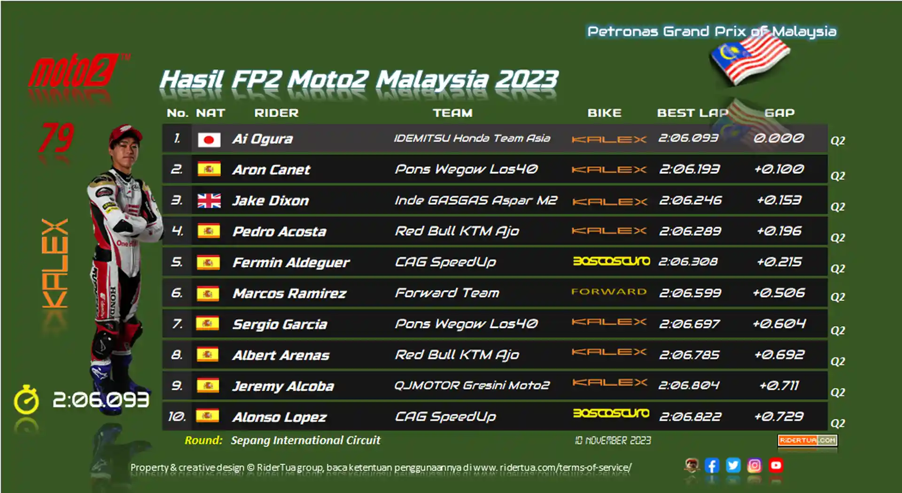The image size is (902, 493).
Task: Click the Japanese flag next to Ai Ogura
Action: click(209, 140)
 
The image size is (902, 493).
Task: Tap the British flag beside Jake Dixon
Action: click(209, 201)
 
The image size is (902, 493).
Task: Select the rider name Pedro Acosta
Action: click(280, 232)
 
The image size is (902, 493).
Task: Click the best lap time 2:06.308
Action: click(688, 262)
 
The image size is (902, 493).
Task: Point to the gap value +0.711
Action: click(779, 385)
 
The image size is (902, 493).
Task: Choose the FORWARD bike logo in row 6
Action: click(609, 292)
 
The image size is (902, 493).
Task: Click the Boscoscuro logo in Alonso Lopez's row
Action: click(611, 413)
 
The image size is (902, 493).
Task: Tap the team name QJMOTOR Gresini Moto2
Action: click(472, 385)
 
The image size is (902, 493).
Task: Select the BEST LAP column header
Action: click(692, 113)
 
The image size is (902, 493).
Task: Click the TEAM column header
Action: click(453, 113)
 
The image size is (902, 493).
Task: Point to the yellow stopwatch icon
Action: click(26, 400)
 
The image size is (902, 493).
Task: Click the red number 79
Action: click(57, 138)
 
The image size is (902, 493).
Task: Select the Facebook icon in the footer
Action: click(712, 465)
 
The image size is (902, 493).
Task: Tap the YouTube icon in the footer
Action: click(776, 465)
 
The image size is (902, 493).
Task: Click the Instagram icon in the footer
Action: click(754, 465)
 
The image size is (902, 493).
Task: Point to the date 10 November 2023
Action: click(613, 440)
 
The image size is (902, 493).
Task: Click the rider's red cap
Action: click(124, 134)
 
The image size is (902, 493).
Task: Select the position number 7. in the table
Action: click(177, 324)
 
